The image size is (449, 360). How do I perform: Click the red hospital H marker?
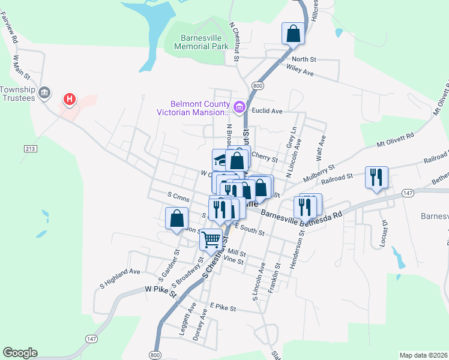pyautogui.click(x=70, y=98)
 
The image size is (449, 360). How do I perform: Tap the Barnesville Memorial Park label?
pyautogui.click(x=202, y=41)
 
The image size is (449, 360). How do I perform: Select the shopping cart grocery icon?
pyautogui.click(x=211, y=239)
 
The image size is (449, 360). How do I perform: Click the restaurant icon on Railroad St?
pyautogui.click(x=376, y=177)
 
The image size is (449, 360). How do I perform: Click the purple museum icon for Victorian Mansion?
pyautogui.click(x=240, y=107)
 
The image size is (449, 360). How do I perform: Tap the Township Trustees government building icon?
pyautogui.click(x=44, y=92)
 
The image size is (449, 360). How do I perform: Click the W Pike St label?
pyautogui.click(x=160, y=291)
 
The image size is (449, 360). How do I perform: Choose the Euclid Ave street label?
pyautogui.click(x=268, y=111)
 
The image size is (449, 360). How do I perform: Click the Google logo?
pyautogui.click(x=20, y=353)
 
